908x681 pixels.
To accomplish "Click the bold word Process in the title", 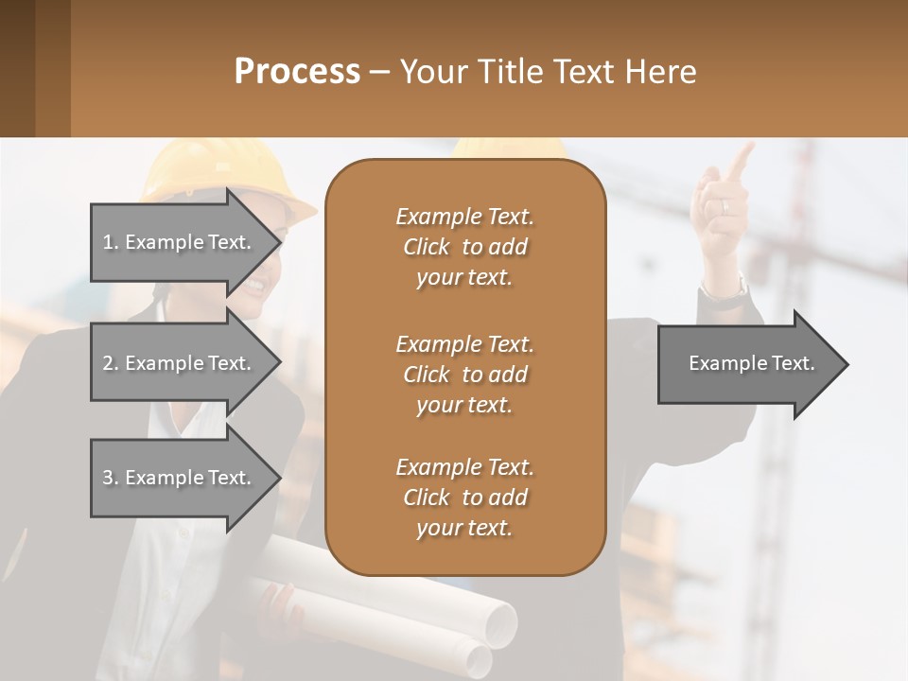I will point(297,72).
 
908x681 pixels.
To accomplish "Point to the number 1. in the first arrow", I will point(111,242).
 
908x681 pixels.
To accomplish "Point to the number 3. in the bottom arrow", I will point(111,478).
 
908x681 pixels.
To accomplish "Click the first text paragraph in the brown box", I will point(464,247).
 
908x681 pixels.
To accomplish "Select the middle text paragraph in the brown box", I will point(464,375).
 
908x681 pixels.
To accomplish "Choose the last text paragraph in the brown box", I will point(464,498).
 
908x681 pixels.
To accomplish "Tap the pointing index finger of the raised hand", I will point(742,158).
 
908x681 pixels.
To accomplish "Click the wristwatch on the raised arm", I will point(725,291).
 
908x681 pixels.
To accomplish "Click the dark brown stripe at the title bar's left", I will point(17,68).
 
